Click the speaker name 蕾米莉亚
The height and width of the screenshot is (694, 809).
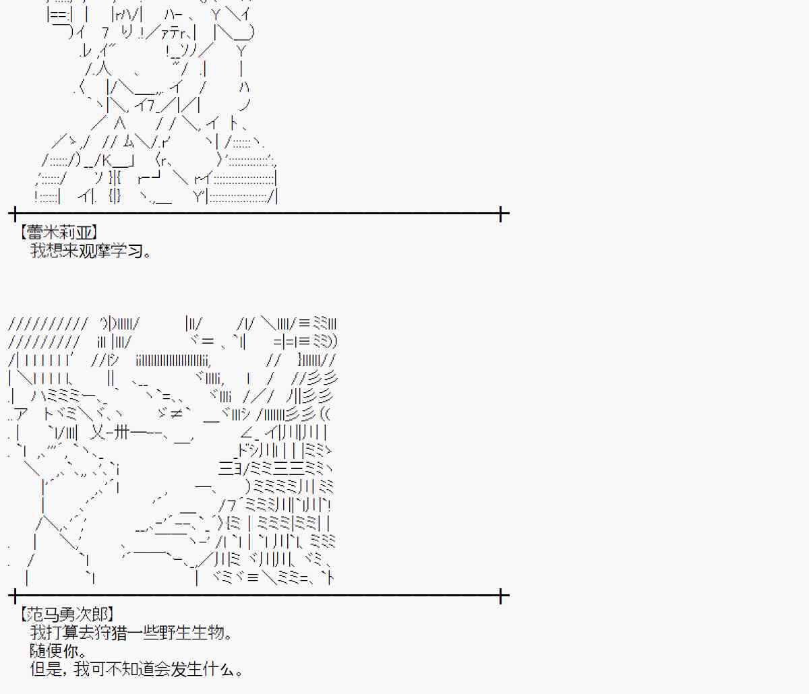(x=59, y=232)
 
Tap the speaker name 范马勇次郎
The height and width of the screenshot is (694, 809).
(x=67, y=614)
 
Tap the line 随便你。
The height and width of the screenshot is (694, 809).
(x=58, y=651)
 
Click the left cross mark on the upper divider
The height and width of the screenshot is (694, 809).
(x=14, y=214)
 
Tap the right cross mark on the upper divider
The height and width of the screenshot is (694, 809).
(x=501, y=214)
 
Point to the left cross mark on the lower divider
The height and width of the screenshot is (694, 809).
(x=14, y=596)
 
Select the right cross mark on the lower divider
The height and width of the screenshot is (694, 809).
(x=501, y=596)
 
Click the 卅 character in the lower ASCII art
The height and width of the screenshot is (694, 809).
(x=121, y=433)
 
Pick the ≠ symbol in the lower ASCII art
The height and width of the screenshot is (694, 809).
(x=176, y=414)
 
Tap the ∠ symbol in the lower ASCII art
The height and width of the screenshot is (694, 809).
(x=248, y=433)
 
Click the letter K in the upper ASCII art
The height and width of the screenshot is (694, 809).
(x=107, y=160)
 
